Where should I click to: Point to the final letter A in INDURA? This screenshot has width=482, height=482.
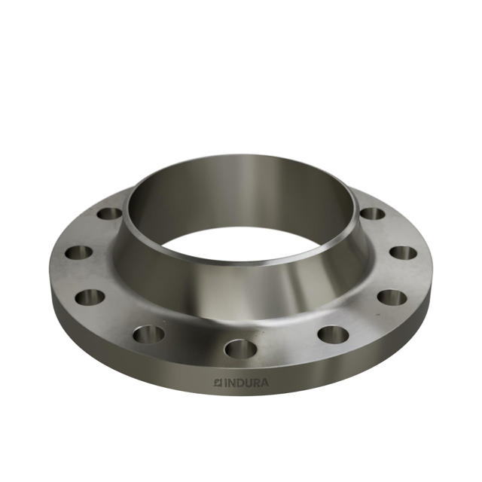coord(264,383)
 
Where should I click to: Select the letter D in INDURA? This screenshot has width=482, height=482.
coord(239,383)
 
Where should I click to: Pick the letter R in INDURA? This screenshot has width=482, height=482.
coord(255,383)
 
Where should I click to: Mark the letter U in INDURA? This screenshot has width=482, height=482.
coord(247,383)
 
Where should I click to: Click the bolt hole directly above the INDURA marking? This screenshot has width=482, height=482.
coord(240,349)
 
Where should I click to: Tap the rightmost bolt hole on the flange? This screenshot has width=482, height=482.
coord(404,253)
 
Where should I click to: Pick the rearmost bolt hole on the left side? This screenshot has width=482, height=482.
coord(110,214)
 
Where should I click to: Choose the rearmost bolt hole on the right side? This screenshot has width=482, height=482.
coord(372,214)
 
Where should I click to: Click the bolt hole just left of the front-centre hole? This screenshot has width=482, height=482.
coord(148,334)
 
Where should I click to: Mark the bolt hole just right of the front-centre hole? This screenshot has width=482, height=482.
coord(332,334)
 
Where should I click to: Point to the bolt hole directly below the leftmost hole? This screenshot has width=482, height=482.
coord(90,297)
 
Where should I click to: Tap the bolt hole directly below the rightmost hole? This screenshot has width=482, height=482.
coord(392,297)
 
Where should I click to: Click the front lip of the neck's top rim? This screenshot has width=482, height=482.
coord(241,264)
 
